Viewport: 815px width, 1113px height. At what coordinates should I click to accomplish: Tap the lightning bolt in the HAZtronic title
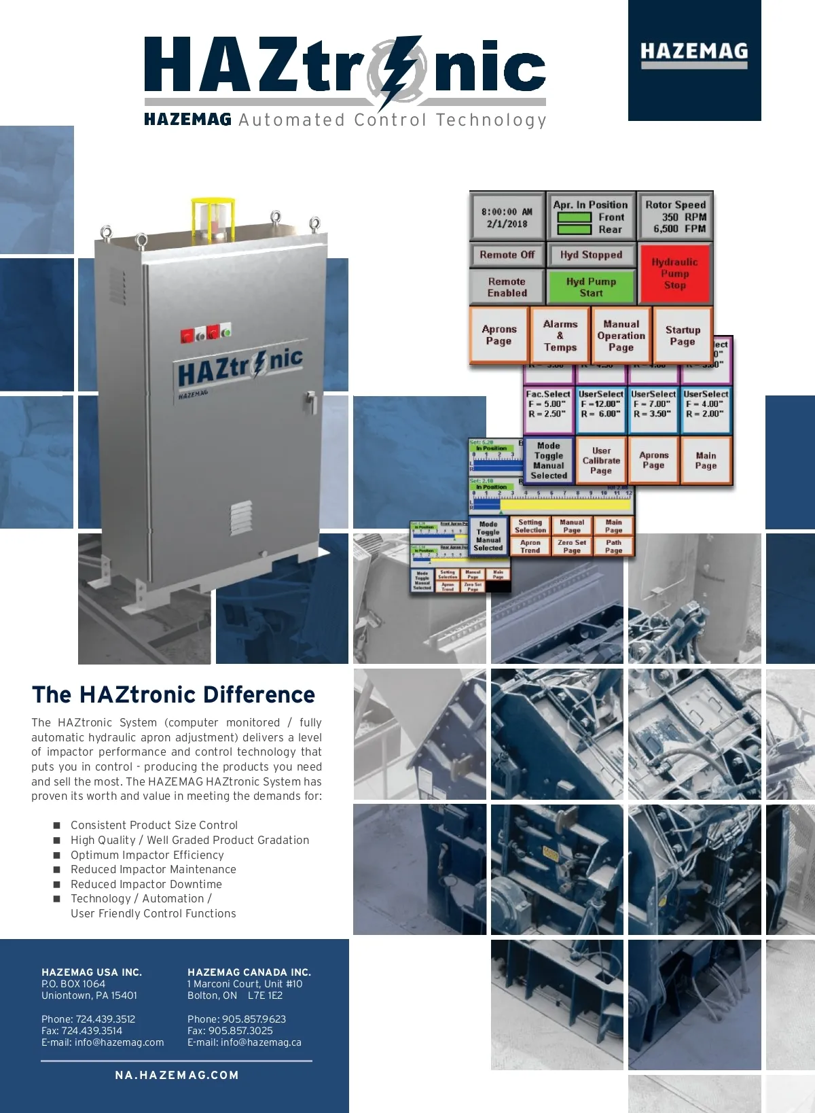click(401, 71)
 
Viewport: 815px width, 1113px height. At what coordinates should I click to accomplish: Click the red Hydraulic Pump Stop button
click(674, 274)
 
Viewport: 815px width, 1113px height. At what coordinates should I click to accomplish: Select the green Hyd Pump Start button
click(591, 287)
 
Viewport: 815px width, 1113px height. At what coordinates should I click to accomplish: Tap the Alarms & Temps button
click(560, 336)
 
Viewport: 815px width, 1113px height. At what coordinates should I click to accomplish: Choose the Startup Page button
click(682, 336)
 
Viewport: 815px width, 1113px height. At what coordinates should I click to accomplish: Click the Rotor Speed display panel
click(675, 217)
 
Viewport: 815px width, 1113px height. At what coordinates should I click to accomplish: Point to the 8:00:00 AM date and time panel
click(507, 217)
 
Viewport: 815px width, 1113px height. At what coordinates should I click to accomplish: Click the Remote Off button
click(507, 255)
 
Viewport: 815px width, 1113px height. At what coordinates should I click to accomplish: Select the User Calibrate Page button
click(601, 461)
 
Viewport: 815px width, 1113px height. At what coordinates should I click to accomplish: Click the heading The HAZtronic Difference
click(173, 694)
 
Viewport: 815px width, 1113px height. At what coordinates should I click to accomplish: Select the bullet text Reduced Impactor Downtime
click(146, 884)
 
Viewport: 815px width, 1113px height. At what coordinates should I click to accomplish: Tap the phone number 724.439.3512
click(105, 1019)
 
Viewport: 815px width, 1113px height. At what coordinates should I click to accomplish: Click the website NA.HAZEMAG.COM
click(177, 1075)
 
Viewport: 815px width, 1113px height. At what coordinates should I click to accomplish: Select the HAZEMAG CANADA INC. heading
click(249, 972)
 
